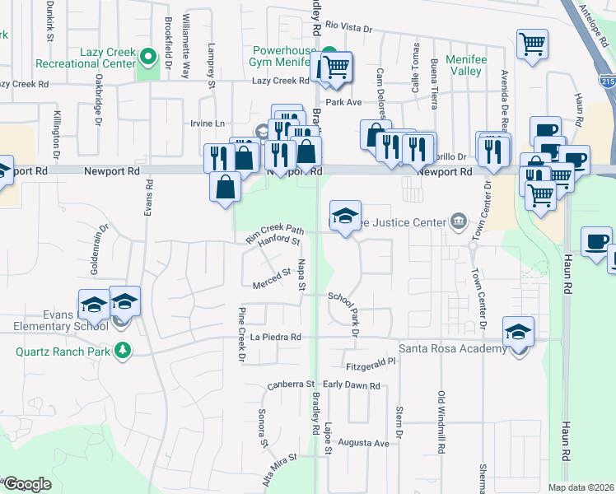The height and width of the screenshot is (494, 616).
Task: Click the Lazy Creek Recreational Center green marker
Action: pyautogui.click(x=148, y=58)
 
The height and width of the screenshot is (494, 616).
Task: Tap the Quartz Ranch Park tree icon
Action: pyautogui.click(x=123, y=351)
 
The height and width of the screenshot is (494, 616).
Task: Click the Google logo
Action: pyautogui.click(x=27, y=484)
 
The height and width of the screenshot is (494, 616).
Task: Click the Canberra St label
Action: pyautogui.click(x=292, y=384)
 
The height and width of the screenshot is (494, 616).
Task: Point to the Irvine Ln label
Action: pyautogui.click(x=208, y=123)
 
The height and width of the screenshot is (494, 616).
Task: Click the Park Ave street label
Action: pyautogui.click(x=344, y=102)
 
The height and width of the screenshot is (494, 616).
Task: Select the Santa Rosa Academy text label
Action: pyautogui.click(x=452, y=349)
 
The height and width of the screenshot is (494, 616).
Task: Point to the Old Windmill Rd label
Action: pyautogui.click(x=441, y=421)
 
